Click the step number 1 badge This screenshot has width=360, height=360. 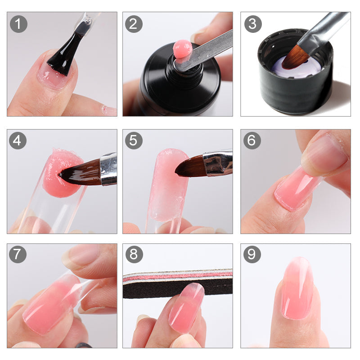[x=18, y=24]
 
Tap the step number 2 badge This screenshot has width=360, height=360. [x=134, y=24]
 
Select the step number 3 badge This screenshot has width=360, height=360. [x=253, y=24]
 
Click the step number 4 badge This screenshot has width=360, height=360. [x=18, y=141]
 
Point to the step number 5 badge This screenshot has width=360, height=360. [x=134, y=141]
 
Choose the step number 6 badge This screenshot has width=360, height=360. [x=252, y=141]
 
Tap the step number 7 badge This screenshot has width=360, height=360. [x=18, y=255]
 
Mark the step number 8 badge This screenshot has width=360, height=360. [x=134, y=255]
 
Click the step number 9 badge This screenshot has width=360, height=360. [x=252, y=255]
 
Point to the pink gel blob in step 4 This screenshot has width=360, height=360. [x=61, y=173]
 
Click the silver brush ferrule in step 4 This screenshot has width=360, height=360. [x=108, y=169]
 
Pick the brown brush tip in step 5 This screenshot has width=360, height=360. [x=189, y=167]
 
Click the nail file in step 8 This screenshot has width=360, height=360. [x=178, y=283]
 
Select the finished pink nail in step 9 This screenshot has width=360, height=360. [x=297, y=288]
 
